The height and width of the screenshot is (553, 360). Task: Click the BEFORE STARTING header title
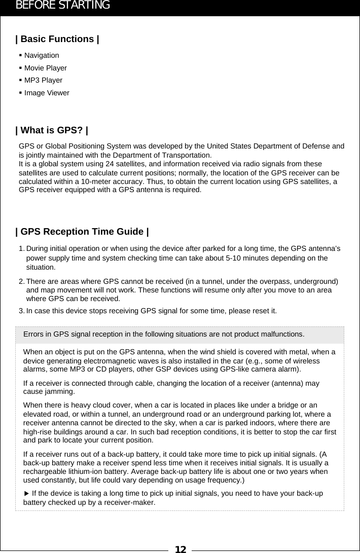63,6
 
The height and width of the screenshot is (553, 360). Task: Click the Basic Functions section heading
57,39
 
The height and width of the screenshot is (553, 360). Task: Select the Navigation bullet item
42,55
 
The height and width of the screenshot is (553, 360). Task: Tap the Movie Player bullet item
46,68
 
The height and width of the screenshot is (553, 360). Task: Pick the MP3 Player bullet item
43,80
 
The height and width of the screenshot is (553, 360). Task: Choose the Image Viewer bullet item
47,93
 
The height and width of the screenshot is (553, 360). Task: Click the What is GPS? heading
52,131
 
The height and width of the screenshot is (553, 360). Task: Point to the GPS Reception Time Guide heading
82,232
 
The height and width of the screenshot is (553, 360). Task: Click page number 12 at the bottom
180,549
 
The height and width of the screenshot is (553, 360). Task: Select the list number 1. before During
22,248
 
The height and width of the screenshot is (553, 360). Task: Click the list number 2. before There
22,281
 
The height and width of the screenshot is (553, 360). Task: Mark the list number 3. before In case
22,310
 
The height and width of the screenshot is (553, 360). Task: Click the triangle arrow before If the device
27,494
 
